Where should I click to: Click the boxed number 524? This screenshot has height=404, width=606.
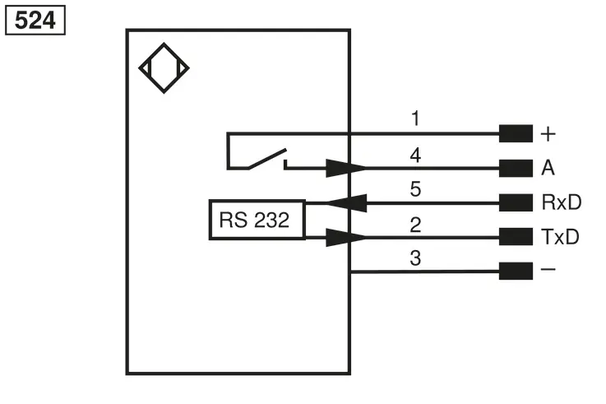pyautogui.click(x=35, y=20)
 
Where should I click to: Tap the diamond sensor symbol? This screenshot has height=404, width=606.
pyautogui.click(x=164, y=68)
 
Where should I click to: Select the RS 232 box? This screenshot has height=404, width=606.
pyautogui.click(x=257, y=220)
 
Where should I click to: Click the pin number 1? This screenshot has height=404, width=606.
pyautogui.click(x=415, y=118)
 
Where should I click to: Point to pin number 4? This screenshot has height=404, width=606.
pyautogui.click(x=415, y=155)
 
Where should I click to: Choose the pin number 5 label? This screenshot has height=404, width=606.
pyautogui.click(x=415, y=189)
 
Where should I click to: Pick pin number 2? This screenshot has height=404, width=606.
pyautogui.click(x=415, y=225)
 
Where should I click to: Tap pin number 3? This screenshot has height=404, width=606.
pyautogui.click(x=415, y=258)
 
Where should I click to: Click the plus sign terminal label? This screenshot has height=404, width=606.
pyautogui.click(x=548, y=134)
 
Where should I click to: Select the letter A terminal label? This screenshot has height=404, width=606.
pyautogui.click(x=548, y=168)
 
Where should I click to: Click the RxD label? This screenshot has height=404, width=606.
pyautogui.click(x=561, y=202)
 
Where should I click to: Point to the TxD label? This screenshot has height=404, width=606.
pyautogui.click(x=561, y=237)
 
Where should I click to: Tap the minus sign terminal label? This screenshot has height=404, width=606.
pyautogui.click(x=548, y=269)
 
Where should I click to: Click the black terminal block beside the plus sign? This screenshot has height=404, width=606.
pyautogui.click(x=516, y=133)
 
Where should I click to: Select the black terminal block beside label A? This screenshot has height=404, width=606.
pyautogui.click(x=516, y=168)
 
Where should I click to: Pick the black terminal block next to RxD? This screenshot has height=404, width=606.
pyautogui.click(x=516, y=202)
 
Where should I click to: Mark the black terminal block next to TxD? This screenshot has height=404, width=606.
pyautogui.click(x=516, y=237)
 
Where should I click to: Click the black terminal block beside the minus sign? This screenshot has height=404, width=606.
pyautogui.click(x=516, y=271)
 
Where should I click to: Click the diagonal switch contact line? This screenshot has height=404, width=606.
pyautogui.click(x=267, y=159)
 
